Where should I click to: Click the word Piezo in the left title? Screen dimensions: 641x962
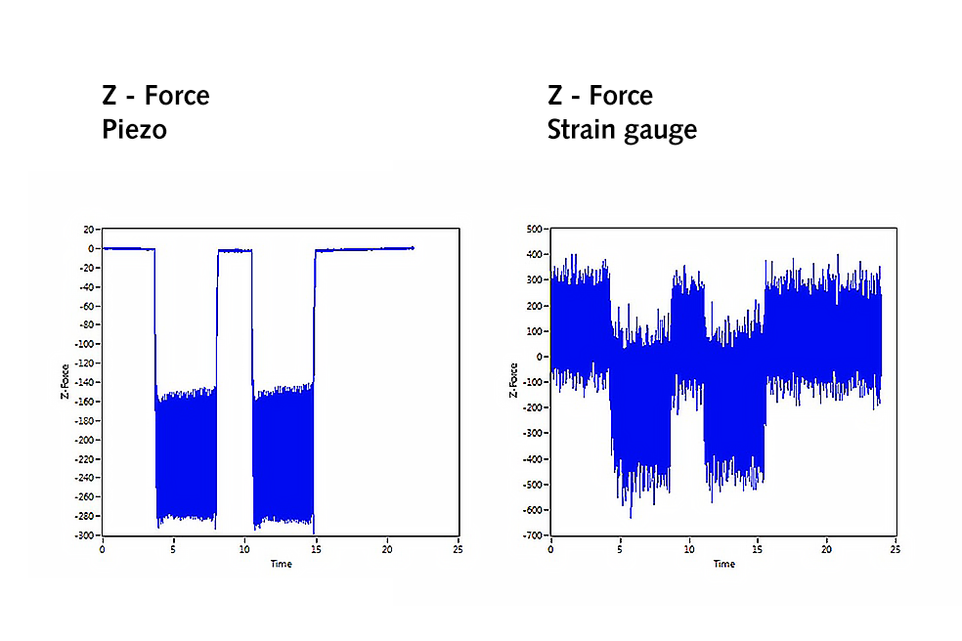(134, 129)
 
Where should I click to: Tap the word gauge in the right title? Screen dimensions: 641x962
(662, 131)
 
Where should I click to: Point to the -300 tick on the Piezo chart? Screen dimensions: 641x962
(87, 535)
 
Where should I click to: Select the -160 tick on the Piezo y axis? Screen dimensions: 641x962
(87, 402)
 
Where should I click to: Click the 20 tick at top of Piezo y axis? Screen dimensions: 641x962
(90, 230)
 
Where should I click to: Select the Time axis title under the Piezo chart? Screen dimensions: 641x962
(280, 565)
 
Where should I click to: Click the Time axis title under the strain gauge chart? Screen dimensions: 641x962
(723, 565)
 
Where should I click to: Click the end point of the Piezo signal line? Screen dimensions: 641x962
(413, 248)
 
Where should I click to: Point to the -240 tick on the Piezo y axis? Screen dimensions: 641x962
(87, 478)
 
